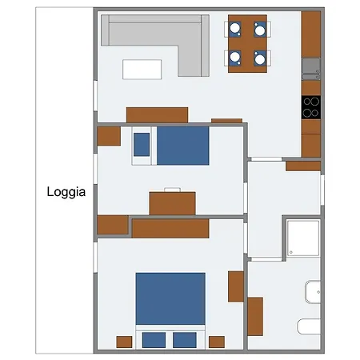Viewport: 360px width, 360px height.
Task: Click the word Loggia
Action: pyautogui.click(x=66, y=192)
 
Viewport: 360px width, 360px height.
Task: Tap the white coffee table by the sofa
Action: pyautogui.click(x=142, y=70)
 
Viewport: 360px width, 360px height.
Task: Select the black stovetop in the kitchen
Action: pyautogui.click(x=311, y=107)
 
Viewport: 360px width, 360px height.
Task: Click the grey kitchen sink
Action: pyautogui.click(x=311, y=69)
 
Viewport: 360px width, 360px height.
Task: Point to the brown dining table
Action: pyautogui.click(x=247, y=43)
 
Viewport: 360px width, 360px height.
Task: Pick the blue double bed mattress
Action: pyautogui.click(x=170, y=298)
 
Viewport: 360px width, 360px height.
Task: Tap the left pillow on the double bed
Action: pyautogui.click(x=154, y=340)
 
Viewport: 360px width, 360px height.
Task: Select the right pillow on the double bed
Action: pyautogui.click(x=185, y=340)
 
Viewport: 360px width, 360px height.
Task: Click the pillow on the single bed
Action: pyautogui.click(x=142, y=145)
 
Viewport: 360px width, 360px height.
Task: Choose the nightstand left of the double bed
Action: pyautogui.click(x=124, y=342)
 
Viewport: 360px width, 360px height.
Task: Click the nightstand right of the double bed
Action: pyautogui.click(x=217, y=342)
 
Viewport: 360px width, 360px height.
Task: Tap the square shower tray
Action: pyautogui.click(x=303, y=238)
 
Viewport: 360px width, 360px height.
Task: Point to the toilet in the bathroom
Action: pyautogui.click(x=309, y=326)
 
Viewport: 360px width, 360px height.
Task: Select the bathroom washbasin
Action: pyautogui.click(x=313, y=292)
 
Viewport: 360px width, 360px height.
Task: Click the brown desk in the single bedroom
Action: pyautogui.click(x=172, y=203)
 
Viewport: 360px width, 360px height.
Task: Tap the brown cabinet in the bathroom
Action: pyautogui.click(x=255, y=316)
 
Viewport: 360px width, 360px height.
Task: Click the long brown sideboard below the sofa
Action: pyautogui.click(x=157, y=115)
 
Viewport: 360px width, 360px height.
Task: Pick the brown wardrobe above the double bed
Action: pyautogui.click(x=170, y=229)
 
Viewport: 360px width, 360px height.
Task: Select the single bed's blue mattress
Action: pyautogui.click(x=183, y=146)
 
